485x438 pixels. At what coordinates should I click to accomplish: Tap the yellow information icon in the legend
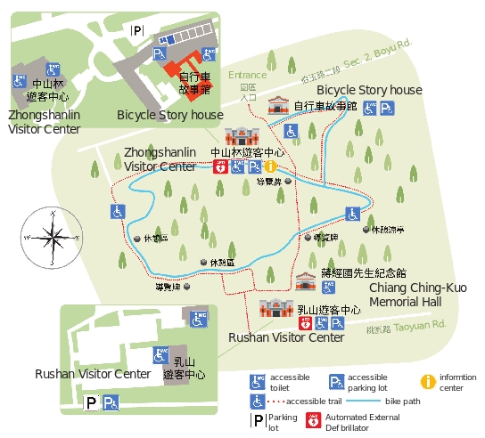pos(428,381)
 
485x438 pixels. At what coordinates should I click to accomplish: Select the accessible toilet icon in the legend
pos(258,382)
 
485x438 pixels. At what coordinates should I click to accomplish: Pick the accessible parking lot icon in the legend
pos(338,382)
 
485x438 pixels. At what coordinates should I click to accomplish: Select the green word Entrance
pos(248,76)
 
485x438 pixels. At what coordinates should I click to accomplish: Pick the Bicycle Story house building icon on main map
pos(278,105)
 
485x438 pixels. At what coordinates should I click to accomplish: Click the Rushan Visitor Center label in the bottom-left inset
pos(93,373)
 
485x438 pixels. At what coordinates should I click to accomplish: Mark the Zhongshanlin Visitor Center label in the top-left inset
pos(44,122)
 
